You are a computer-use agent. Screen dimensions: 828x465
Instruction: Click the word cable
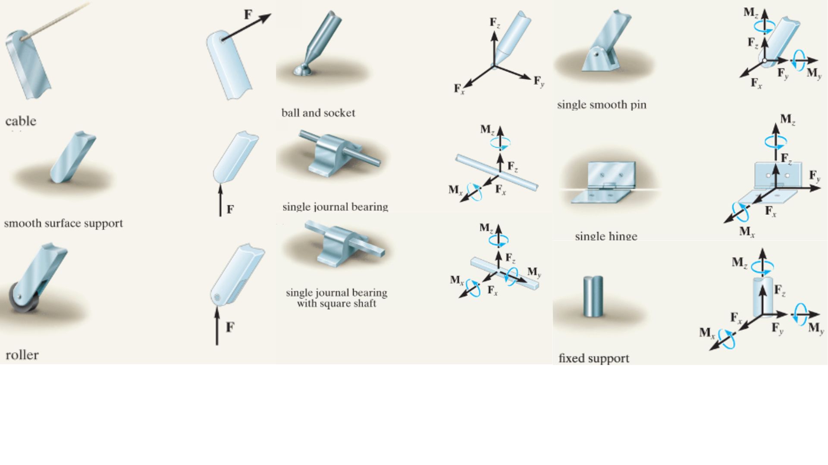(x=21, y=121)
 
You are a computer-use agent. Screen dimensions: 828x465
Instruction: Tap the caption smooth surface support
(x=63, y=223)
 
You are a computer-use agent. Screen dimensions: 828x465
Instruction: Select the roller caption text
(x=22, y=355)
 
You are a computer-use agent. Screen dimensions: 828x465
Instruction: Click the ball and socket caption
(x=318, y=113)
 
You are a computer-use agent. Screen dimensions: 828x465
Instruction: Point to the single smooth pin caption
(x=602, y=105)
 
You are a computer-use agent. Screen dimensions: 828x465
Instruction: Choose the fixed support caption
(x=594, y=358)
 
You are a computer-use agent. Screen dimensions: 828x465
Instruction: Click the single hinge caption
(x=606, y=236)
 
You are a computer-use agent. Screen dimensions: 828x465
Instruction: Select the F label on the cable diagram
(x=248, y=15)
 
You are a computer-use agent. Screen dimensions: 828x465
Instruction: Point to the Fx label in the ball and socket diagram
(x=459, y=89)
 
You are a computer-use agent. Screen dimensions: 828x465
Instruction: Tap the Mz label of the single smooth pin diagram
(x=751, y=13)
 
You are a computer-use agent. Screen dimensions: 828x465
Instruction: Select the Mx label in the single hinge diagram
(x=747, y=232)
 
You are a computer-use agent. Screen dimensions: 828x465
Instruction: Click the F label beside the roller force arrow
(x=230, y=327)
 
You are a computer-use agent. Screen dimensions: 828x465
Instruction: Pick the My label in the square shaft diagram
(x=534, y=272)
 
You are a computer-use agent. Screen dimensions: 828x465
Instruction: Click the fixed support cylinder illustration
(x=593, y=296)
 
